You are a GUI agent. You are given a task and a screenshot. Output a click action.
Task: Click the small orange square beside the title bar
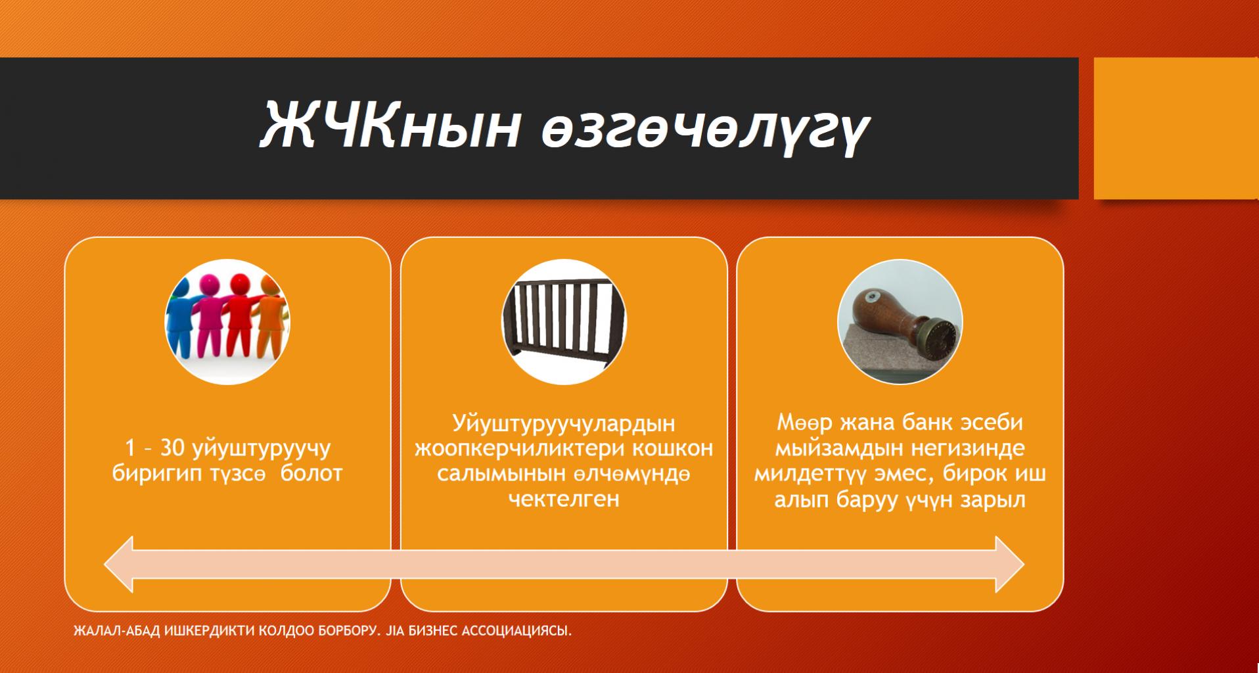pos(1176,128)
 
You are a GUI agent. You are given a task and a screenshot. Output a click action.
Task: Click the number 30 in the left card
pos(173,448)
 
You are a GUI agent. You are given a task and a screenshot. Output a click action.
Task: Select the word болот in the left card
pos(311,473)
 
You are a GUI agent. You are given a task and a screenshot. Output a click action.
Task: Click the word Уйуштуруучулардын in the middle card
pos(564,423)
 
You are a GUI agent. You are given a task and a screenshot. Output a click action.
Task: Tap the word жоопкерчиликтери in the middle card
pos(523,448)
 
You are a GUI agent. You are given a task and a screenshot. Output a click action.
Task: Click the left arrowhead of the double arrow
pos(119,564)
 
